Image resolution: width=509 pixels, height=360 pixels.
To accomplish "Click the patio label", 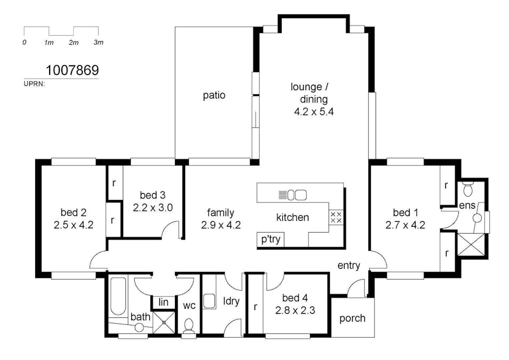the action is [x=214, y=95].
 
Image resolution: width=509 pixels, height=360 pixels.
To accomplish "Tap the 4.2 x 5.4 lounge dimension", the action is [x=314, y=112].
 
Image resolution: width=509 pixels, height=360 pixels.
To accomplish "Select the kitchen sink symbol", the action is [x=293, y=195].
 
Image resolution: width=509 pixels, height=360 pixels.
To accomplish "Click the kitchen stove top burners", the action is [x=336, y=217].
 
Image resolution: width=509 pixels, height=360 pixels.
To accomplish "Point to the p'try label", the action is [x=271, y=239].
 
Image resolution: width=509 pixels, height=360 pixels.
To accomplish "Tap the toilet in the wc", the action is [x=188, y=326].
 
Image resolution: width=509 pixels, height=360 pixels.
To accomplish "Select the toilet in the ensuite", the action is [x=467, y=189].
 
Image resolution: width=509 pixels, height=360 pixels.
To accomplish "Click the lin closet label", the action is [x=164, y=302].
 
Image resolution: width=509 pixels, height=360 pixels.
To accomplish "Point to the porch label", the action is [x=352, y=318].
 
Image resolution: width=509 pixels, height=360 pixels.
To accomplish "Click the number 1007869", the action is [x=72, y=70].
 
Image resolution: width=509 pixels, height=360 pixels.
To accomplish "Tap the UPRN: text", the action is [x=34, y=84].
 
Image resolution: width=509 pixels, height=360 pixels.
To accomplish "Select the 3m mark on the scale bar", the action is [x=98, y=43].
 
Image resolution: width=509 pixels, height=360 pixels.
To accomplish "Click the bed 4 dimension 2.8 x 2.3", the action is [x=295, y=310].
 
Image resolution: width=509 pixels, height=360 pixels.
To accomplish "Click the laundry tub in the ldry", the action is [x=209, y=301].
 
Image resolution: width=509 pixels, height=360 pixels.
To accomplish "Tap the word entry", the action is [x=348, y=266].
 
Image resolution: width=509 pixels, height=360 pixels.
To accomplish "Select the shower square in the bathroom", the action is [x=164, y=322].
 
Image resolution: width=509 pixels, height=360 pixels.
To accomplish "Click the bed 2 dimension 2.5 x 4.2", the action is [x=74, y=225].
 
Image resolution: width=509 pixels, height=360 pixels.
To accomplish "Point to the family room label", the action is [x=220, y=213].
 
